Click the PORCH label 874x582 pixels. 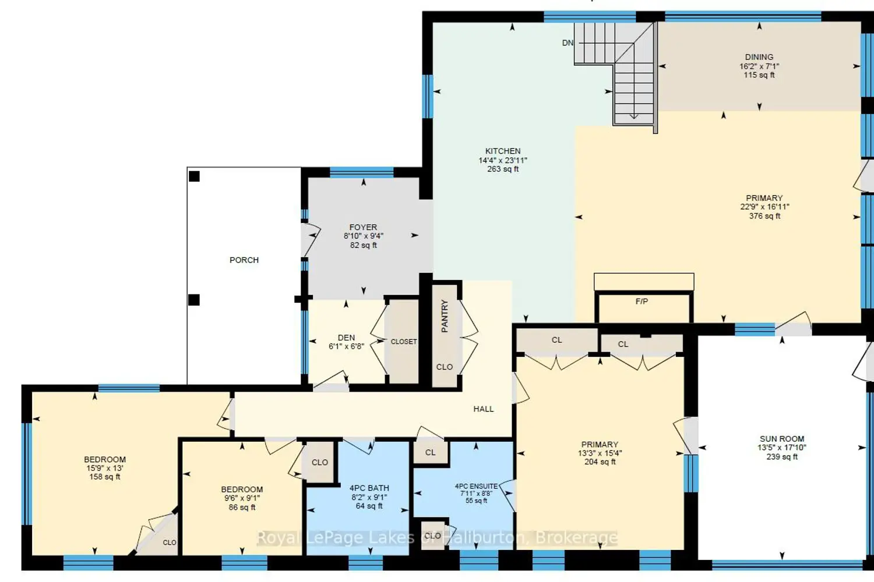[x=244, y=260]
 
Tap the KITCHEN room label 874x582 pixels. [x=502, y=151]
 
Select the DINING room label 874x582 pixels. [x=759, y=57]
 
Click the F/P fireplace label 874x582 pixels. [x=642, y=301]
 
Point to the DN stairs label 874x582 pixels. [x=568, y=43]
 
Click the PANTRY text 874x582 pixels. [x=445, y=316]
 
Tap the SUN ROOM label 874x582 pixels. [x=782, y=439]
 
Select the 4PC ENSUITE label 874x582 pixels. [x=476, y=486]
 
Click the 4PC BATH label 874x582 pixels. [x=369, y=488]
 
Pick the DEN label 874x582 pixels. [x=347, y=338]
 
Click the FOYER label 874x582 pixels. [x=363, y=227]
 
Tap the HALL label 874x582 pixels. [x=484, y=409]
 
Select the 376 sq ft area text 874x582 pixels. [x=764, y=216]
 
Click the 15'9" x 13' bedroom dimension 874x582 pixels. [x=104, y=468]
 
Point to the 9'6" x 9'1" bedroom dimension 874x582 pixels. [x=242, y=498]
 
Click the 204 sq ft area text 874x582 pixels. [x=600, y=462]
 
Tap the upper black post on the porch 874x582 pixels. [x=194, y=176]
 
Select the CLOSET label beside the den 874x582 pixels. [x=404, y=342]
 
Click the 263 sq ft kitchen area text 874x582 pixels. [x=502, y=169]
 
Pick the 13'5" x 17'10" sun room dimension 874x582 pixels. [x=782, y=448]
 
